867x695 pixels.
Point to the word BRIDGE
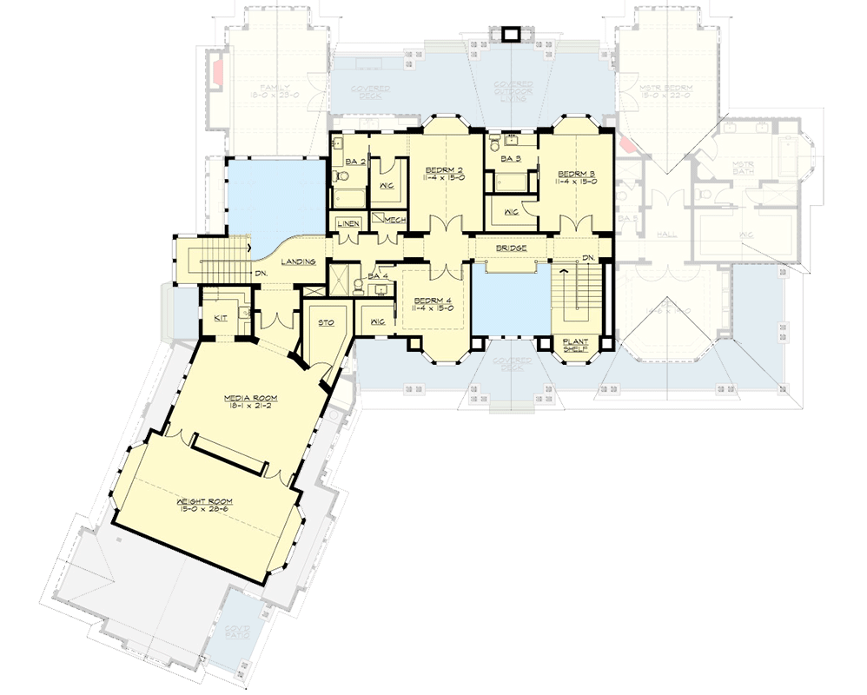click(x=510, y=248)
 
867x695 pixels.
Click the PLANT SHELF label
click(x=573, y=345)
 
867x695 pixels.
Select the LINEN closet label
click(x=347, y=223)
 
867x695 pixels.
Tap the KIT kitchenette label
click(x=220, y=318)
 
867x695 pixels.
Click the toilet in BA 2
click(x=341, y=177)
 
